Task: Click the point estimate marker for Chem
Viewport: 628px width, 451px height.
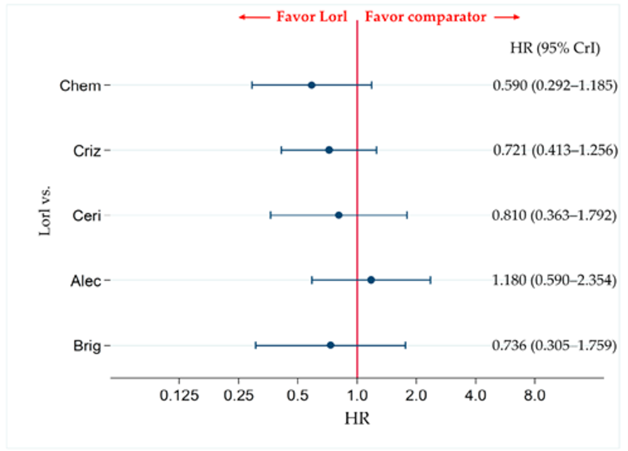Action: [x=311, y=85]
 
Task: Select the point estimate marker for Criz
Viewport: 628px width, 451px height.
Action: [x=329, y=150]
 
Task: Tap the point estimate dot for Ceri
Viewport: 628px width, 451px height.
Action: [x=339, y=215]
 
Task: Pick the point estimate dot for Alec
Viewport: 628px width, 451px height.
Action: [x=371, y=280]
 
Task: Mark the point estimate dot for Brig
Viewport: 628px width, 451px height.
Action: [x=330, y=345]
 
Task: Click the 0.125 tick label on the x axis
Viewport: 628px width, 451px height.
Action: [x=179, y=396]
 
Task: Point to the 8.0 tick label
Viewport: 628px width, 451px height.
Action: [x=534, y=396]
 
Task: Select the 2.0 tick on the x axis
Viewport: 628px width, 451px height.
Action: [x=416, y=396]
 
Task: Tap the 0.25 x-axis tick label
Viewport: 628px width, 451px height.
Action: [x=238, y=396]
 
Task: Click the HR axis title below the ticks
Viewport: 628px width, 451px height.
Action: [x=357, y=419]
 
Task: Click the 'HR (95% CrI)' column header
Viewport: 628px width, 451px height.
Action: [x=555, y=48]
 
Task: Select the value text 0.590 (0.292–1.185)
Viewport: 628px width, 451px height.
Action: [x=555, y=85]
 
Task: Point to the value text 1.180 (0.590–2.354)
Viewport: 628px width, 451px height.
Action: [x=554, y=280]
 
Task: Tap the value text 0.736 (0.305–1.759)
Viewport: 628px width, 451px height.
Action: [x=554, y=345]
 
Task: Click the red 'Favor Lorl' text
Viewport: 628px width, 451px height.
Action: [x=312, y=17]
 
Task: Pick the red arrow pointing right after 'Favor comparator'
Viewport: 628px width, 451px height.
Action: [x=507, y=17]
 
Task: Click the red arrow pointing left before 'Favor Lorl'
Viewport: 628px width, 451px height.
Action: [x=254, y=17]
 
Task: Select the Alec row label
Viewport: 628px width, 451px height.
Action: [x=86, y=281]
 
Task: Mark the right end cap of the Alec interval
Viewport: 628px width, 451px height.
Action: [x=430, y=280]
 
